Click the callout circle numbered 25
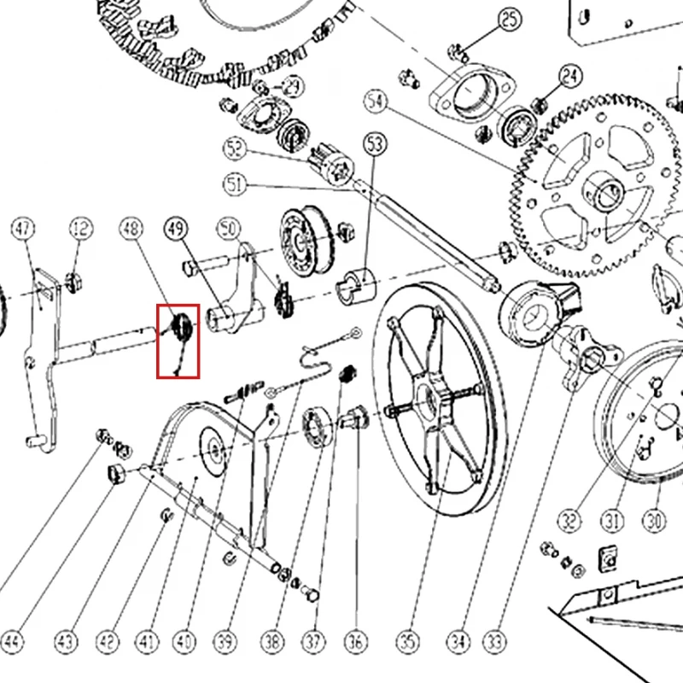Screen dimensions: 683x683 510,19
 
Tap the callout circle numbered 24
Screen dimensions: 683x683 570,77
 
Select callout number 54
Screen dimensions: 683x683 376,102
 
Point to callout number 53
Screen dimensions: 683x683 375,144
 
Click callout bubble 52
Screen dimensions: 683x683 235,149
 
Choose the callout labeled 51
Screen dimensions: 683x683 235,184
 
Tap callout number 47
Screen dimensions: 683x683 23,229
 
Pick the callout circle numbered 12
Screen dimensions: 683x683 81,229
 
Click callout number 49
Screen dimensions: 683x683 176,229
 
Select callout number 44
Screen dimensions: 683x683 12,642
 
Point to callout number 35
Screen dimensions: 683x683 408,642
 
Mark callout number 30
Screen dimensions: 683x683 654,521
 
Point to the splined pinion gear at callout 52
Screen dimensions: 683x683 332,165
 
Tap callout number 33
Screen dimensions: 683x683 495,642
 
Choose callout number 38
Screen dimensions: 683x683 272,642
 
